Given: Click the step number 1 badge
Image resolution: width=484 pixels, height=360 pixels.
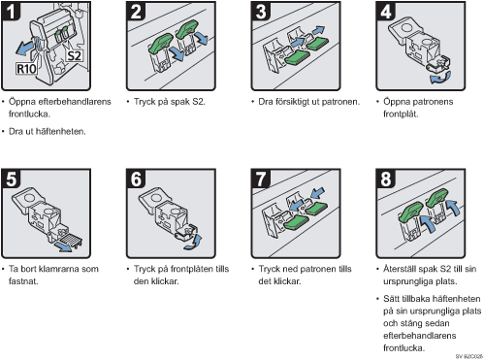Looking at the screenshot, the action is click(11, 11).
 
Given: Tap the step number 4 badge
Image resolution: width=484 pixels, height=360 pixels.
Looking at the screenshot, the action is click(385, 11).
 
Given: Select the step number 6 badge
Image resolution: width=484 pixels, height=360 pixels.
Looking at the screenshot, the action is click(136, 179).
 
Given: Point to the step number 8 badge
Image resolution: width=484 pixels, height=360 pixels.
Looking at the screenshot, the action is click(385, 179).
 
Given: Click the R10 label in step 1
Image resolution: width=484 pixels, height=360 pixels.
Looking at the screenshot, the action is click(26, 69).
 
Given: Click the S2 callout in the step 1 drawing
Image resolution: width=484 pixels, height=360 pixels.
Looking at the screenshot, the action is click(74, 56).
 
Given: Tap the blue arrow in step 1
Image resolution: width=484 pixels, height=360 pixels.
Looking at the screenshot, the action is click(24, 49).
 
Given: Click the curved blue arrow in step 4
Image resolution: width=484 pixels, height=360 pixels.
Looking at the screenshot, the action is click(439, 78).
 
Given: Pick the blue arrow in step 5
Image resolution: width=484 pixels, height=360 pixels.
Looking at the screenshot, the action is click(63, 246).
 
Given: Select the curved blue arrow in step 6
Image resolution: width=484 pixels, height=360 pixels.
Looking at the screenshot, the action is click(194, 243).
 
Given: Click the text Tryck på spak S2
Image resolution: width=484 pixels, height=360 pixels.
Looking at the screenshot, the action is click(170, 102).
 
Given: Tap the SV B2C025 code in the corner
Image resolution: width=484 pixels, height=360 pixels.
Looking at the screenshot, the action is click(468, 356).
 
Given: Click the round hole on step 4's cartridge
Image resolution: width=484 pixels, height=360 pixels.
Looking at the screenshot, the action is click(406, 26).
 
